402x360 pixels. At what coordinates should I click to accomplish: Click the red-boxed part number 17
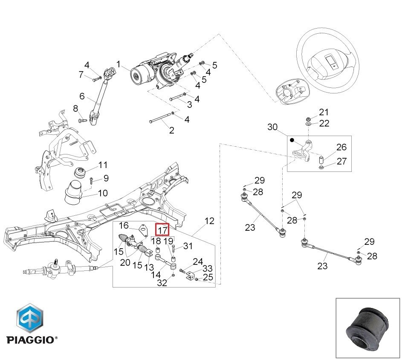(162, 230)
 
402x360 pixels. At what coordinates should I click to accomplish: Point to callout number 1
(118, 64)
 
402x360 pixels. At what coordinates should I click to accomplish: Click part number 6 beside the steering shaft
(82, 96)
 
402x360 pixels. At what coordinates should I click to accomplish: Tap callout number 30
(272, 127)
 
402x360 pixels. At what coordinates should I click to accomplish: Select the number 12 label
(209, 221)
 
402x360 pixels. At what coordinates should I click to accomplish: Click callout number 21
(324, 112)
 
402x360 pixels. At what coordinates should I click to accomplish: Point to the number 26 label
(341, 148)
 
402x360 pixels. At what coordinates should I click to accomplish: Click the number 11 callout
(103, 165)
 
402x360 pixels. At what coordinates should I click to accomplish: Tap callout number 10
(103, 193)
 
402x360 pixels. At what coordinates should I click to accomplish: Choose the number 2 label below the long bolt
(171, 131)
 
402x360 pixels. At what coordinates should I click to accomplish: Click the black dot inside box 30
(292, 140)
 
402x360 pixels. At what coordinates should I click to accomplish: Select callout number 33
(207, 269)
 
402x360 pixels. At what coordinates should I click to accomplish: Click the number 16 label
(124, 225)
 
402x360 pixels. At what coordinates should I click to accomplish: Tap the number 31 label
(188, 246)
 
